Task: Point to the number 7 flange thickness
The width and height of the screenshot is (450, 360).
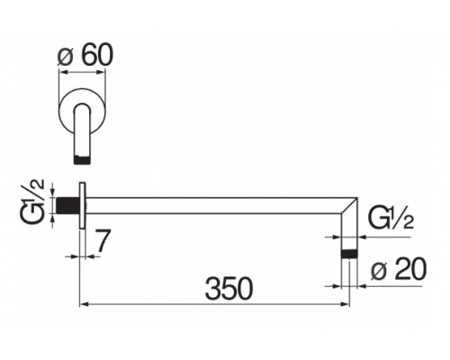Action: coord(104,241)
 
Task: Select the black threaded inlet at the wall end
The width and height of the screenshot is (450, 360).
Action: coord(66,206)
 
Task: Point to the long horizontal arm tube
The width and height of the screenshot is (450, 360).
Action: coord(216,206)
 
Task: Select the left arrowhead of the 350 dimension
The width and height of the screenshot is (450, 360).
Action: coord(85,304)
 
